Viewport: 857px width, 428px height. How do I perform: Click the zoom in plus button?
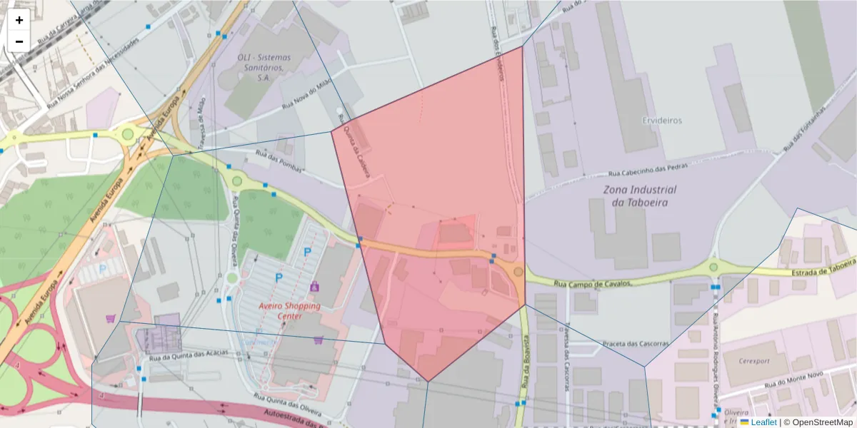pyautogui.click(x=19, y=21)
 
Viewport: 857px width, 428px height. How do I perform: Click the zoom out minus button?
pyautogui.click(x=19, y=41)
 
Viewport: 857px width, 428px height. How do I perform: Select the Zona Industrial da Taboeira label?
pyautogui.click(x=639, y=195)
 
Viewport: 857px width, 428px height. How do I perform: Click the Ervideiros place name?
pyautogui.click(x=661, y=121)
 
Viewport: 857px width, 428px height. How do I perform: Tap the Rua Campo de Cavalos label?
pyautogui.click(x=593, y=284)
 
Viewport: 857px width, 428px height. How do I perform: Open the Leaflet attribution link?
pyautogui.click(x=763, y=422)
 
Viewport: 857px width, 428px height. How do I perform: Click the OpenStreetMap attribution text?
pyautogui.click(x=817, y=422)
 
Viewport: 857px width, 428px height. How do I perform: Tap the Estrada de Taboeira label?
pyautogui.click(x=823, y=267)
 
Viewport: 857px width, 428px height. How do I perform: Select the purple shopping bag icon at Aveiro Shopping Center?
pyautogui.click(x=314, y=286)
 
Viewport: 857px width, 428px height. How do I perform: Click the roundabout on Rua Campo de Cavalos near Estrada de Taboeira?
pyautogui.click(x=713, y=267)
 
